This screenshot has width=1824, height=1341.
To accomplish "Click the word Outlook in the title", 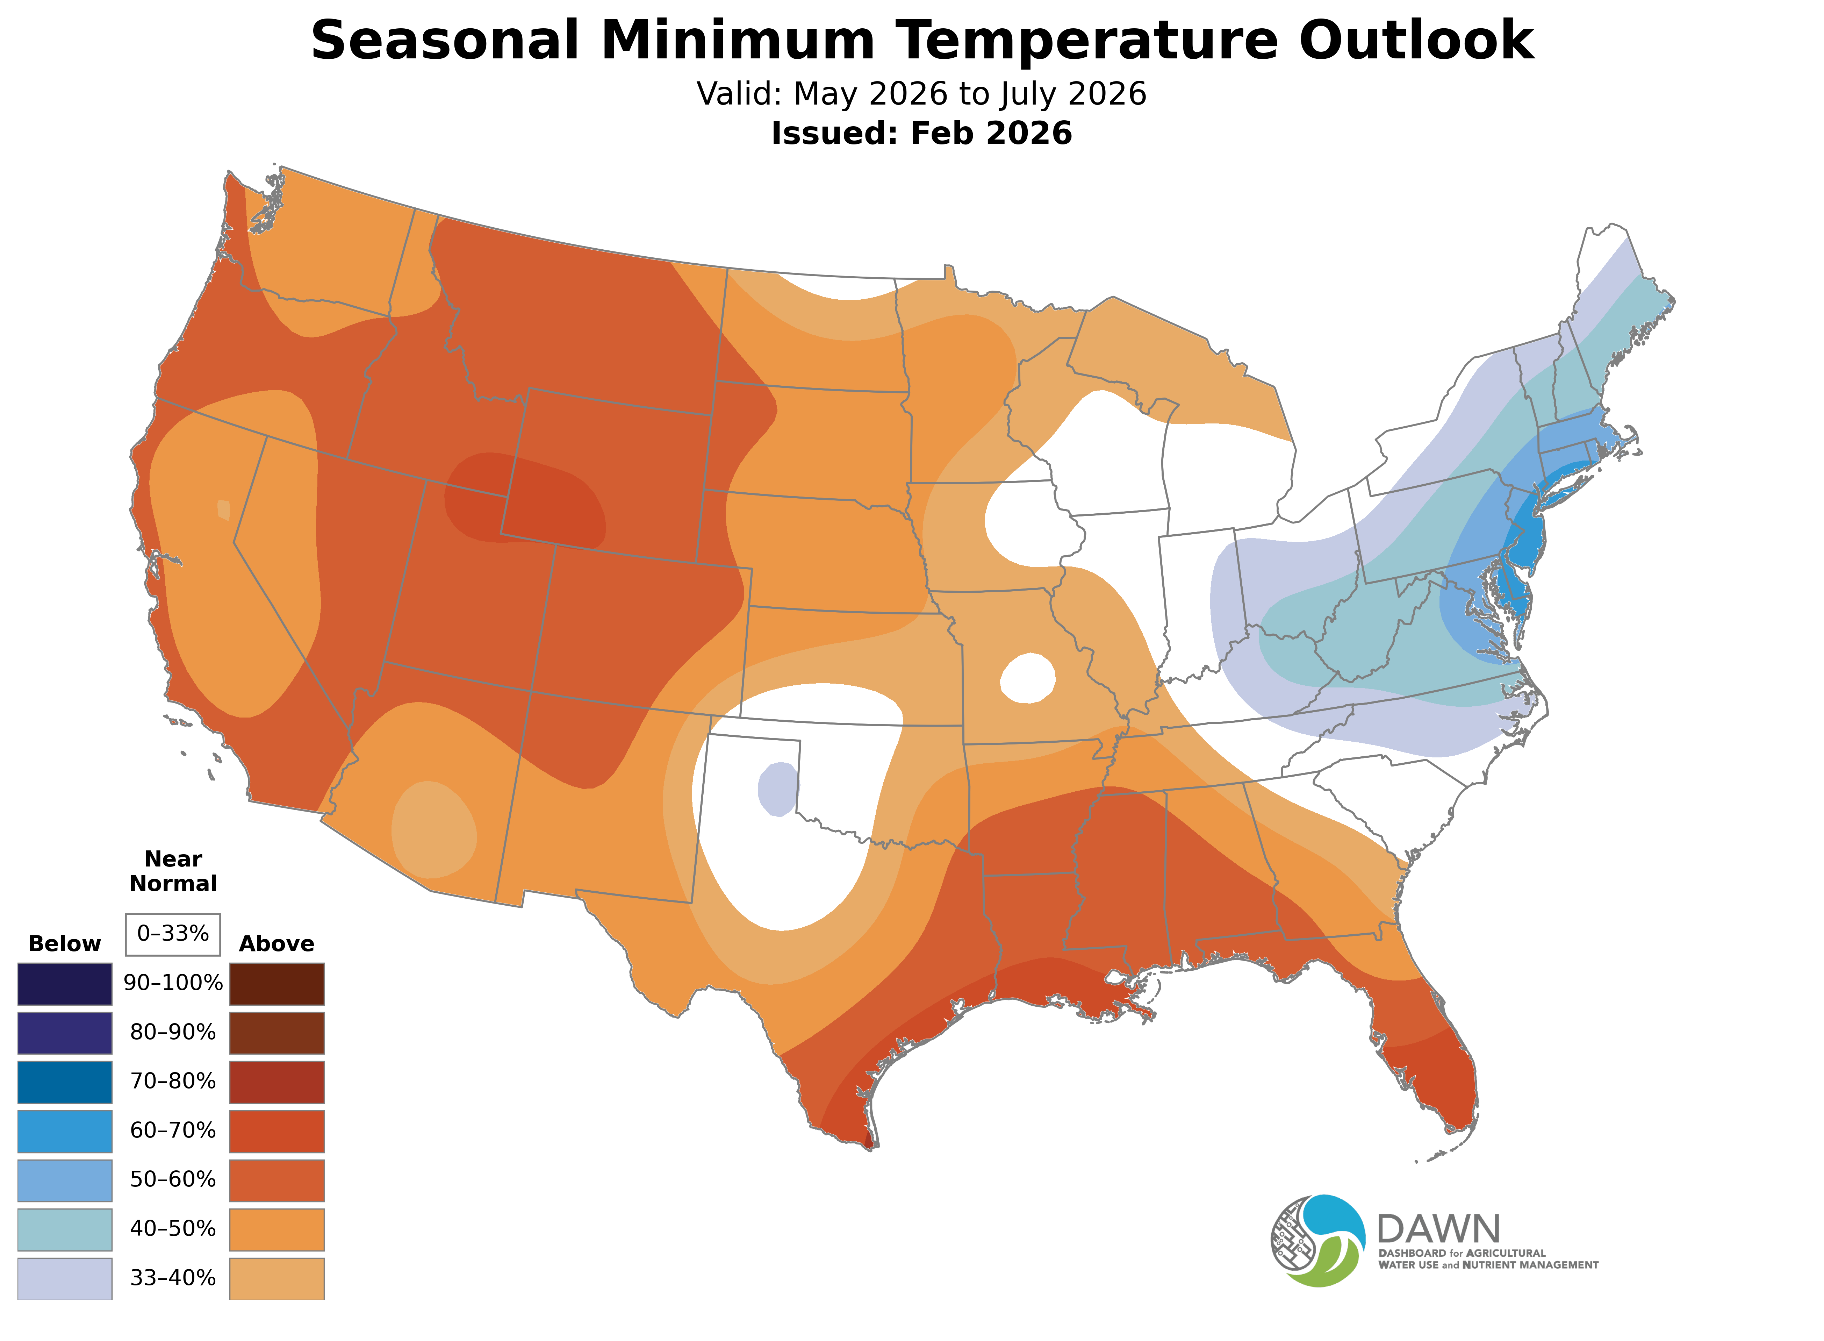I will point(1416,41).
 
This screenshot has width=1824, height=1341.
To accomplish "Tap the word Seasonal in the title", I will point(445,41).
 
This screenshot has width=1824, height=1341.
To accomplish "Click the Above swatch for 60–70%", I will point(277,1131).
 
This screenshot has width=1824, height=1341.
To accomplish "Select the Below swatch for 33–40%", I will point(65,1278).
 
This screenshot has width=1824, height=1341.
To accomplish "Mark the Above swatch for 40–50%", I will point(277,1229).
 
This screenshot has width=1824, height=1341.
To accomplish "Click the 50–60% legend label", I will point(173,1179).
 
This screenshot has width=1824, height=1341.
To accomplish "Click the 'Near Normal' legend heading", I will point(173,871).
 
